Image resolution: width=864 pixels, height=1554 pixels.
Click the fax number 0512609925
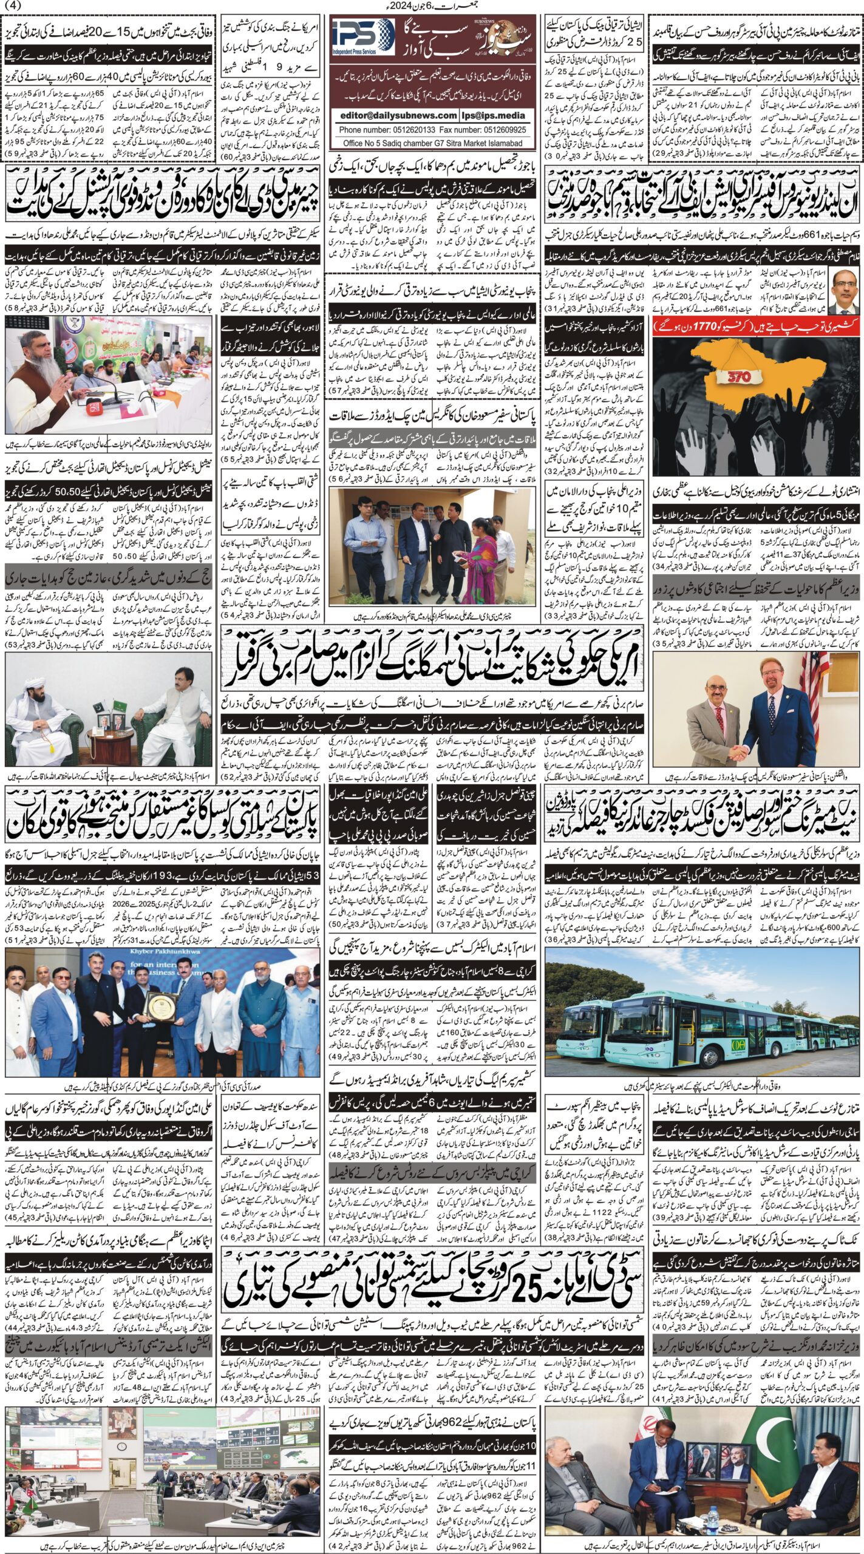501,130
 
